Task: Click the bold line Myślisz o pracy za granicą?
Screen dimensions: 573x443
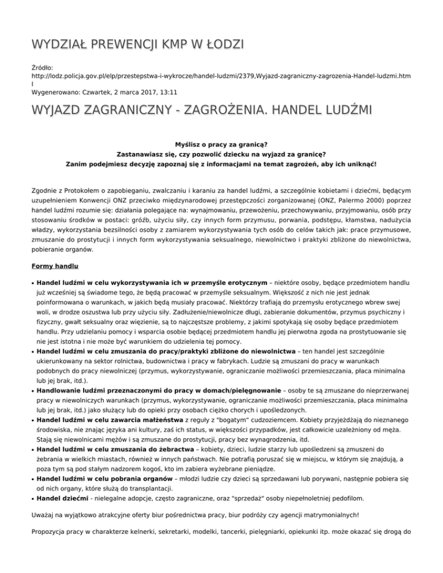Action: (x=221, y=144)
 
